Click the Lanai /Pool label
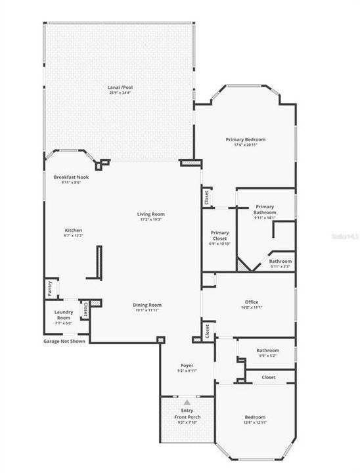(119, 87)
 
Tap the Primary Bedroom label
(246, 139)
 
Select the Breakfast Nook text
(71, 177)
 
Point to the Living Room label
(150, 214)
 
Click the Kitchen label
(73, 230)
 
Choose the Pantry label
(50, 288)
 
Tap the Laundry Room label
(64, 315)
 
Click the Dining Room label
(147, 305)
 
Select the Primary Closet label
(219, 236)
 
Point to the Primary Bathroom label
(265, 210)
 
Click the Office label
(248, 302)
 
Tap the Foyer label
(187, 365)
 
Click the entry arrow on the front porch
(187, 401)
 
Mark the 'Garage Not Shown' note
(64, 342)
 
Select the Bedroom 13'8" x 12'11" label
(256, 417)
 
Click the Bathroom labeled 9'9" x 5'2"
(267, 350)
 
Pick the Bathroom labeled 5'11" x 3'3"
(281, 261)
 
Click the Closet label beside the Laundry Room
(85, 308)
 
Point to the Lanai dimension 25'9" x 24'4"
(119, 93)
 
